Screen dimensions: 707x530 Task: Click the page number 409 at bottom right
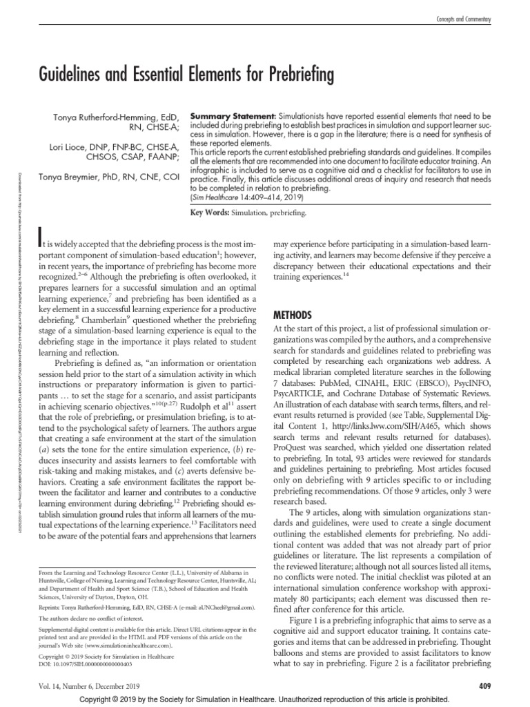point(483,685)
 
